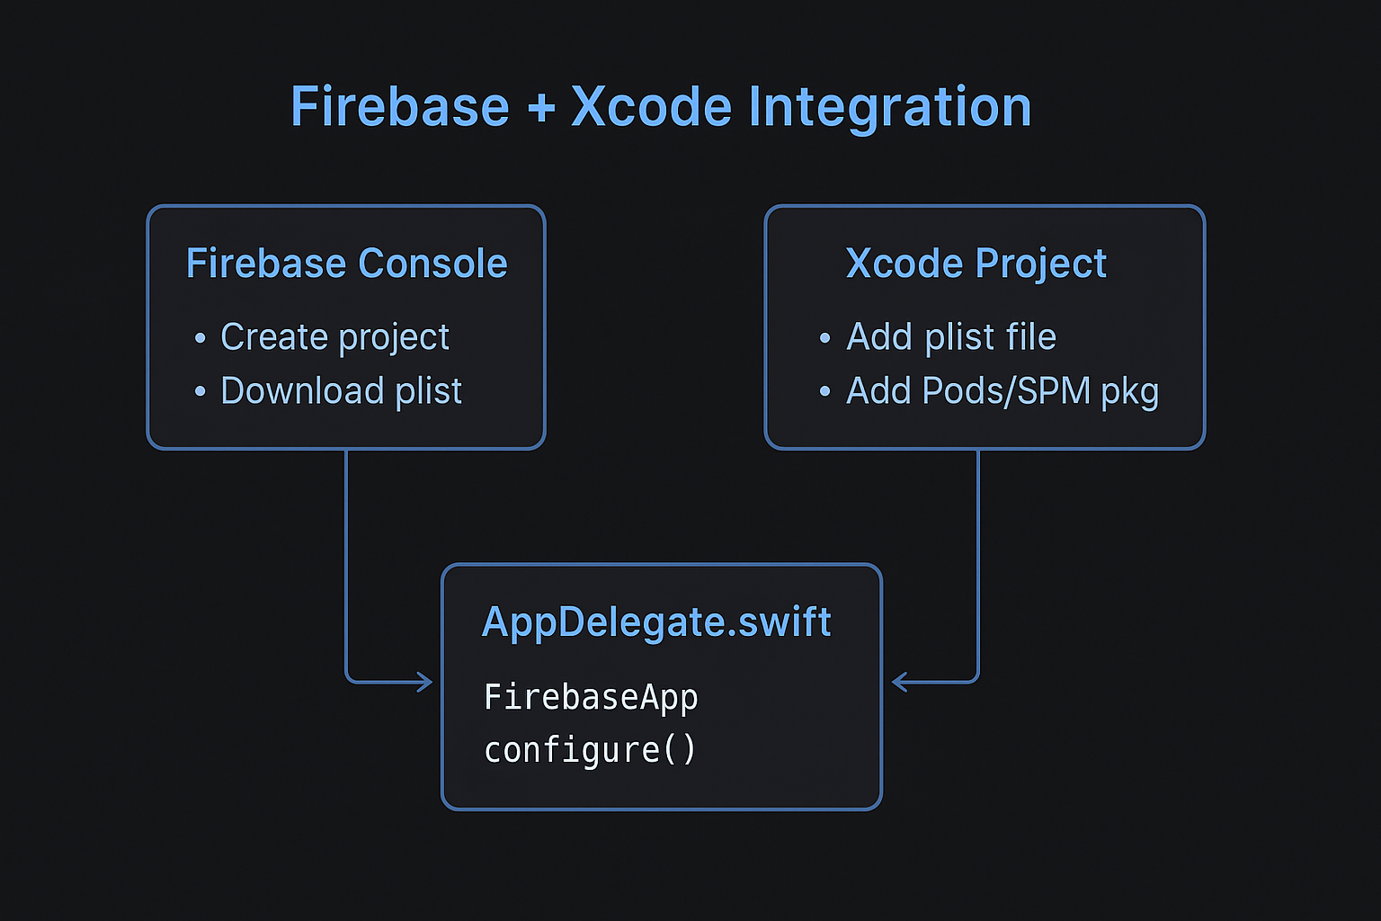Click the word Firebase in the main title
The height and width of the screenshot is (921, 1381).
[399, 107]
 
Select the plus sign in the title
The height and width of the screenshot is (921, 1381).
[541, 109]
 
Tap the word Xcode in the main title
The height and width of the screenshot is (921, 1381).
[652, 107]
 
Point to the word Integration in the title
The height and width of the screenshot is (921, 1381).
[889, 109]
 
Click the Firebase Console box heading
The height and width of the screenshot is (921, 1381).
[346, 264]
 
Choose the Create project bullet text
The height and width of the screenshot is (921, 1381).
[334, 337]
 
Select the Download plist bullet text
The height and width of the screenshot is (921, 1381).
[341, 391]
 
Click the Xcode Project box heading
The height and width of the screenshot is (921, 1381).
[976, 264]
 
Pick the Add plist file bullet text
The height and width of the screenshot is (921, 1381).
[951, 337]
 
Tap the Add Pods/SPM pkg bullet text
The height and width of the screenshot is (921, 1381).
[1002, 391]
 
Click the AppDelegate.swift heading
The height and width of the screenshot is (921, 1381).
[656, 621]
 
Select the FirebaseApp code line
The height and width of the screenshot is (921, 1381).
[591, 697]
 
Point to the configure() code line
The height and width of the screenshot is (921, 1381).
[590, 749]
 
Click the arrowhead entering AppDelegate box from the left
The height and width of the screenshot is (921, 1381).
[425, 682]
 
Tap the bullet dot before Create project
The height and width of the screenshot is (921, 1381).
[200, 338]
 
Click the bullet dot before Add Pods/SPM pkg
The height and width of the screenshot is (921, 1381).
[824, 392]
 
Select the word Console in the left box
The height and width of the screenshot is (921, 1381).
[432, 264]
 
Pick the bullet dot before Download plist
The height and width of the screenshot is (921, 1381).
[200, 392]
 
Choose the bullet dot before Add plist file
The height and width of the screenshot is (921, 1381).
[824, 338]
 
